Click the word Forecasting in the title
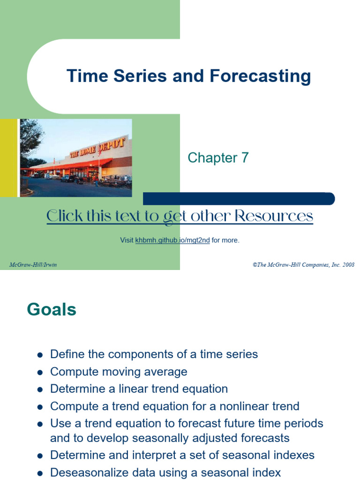(x=260, y=76)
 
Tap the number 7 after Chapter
(x=245, y=157)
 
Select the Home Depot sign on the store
(x=97, y=148)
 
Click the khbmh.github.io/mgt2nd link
(x=172, y=240)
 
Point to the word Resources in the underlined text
(x=274, y=216)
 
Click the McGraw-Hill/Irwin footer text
(x=33, y=265)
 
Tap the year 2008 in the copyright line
(x=348, y=265)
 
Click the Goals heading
(x=52, y=309)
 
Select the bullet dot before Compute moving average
(x=40, y=373)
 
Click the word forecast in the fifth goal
(x=199, y=423)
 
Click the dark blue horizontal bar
(x=239, y=199)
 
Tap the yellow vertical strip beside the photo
(x=8, y=158)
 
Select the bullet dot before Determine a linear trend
(x=40, y=390)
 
